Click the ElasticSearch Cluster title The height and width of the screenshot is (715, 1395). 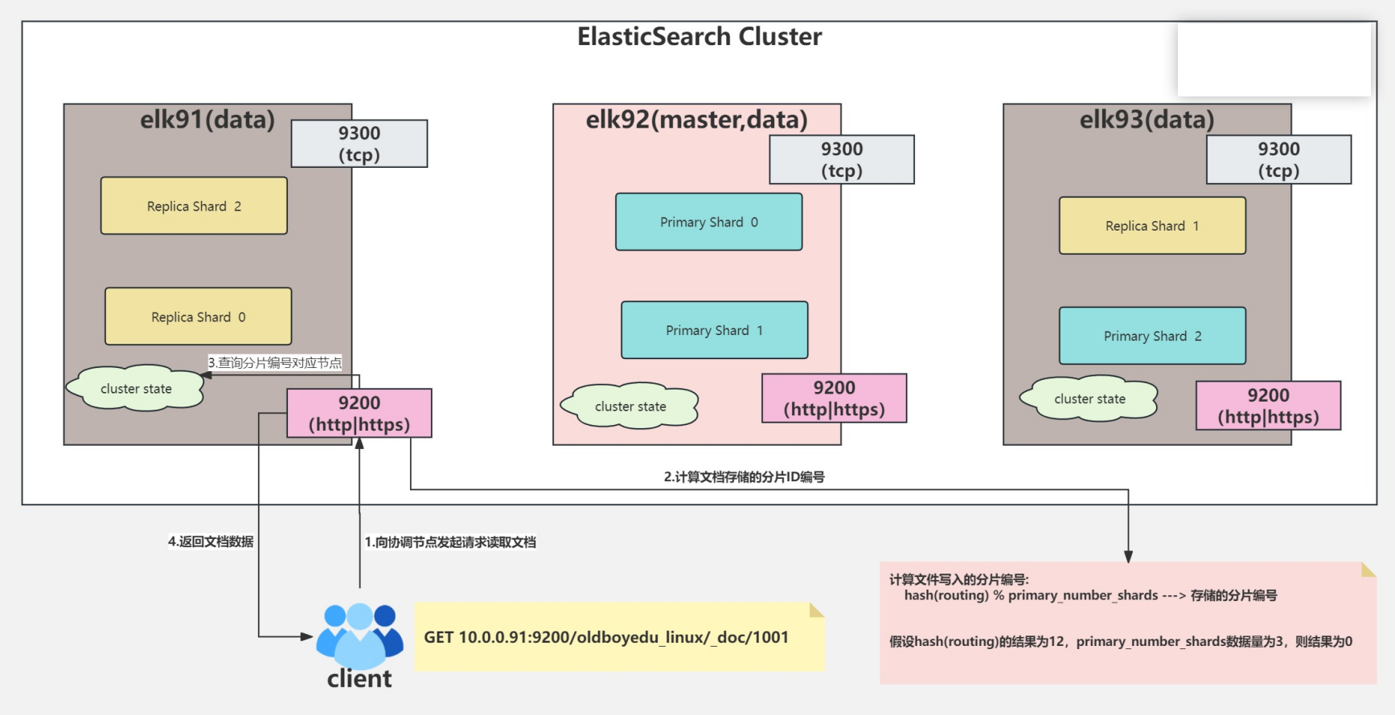(700, 37)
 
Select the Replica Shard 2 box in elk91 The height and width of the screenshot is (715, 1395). (194, 206)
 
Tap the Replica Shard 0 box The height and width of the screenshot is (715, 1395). (198, 317)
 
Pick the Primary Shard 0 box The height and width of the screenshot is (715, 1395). (708, 222)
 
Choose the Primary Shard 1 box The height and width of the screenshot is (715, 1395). (714, 330)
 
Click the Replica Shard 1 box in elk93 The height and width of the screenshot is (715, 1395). (1152, 226)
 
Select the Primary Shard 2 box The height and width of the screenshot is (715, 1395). (1152, 336)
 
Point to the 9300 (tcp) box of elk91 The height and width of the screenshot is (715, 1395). (359, 144)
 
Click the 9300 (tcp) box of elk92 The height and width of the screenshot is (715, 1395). (841, 160)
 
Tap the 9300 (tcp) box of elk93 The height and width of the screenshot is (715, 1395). (1278, 160)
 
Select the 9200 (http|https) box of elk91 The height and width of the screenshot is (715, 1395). (359, 413)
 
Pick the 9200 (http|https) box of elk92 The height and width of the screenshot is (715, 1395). (834, 398)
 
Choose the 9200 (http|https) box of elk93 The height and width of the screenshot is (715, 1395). (1268, 406)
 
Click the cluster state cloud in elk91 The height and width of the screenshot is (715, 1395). (136, 389)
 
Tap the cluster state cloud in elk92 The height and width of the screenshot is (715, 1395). (630, 406)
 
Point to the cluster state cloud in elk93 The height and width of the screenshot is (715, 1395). (1089, 398)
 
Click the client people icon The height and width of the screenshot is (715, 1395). (359, 635)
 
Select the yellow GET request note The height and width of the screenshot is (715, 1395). (619, 637)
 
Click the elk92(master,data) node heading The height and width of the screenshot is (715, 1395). (696, 120)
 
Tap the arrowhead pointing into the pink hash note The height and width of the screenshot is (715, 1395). (1128, 557)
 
